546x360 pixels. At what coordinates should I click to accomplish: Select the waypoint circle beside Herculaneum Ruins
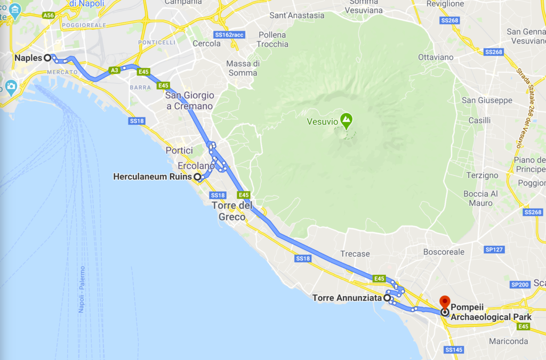pos(197,177)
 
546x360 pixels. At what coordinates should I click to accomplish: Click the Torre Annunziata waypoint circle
pos(387,298)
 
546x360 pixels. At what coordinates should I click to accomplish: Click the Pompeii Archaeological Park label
pos(491,312)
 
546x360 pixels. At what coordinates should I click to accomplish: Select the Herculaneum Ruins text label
pos(152,177)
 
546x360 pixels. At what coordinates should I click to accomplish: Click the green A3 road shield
pos(114,70)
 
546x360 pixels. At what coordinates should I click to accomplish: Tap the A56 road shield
pos(49,15)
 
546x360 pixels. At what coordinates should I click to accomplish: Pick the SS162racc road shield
pos(229,35)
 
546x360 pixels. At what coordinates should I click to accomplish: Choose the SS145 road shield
pos(453,349)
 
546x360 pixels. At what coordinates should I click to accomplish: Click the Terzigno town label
pos(481,175)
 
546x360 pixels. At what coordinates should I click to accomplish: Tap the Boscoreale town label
pos(444,252)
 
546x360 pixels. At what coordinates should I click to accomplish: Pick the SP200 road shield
pos(520,285)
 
